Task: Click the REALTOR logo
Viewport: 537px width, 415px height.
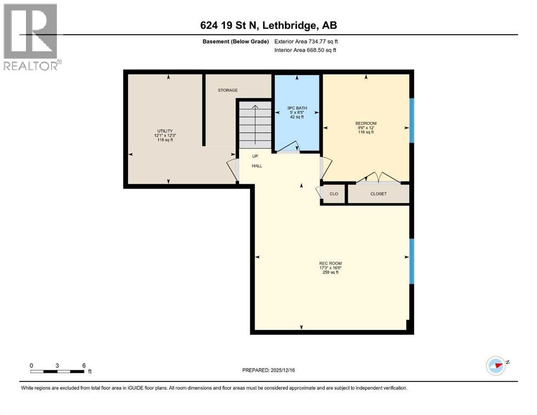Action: point(31,37)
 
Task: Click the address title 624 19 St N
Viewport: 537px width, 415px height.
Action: point(268,25)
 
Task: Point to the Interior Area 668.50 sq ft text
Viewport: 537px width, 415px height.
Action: point(306,50)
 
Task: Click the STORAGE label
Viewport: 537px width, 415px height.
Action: point(228,90)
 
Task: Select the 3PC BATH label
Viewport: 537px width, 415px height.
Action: point(297,108)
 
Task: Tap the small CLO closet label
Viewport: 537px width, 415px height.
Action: point(334,194)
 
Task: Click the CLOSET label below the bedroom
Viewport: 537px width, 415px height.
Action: point(378,194)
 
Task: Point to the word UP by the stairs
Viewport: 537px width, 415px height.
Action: point(255,156)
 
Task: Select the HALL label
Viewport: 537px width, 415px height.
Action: point(257,166)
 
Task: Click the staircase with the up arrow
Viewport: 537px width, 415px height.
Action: point(255,123)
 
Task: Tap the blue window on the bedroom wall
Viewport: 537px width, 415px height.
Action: point(412,120)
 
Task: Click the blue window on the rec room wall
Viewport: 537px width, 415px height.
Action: point(412,262)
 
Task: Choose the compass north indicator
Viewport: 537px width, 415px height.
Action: point(495,366)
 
